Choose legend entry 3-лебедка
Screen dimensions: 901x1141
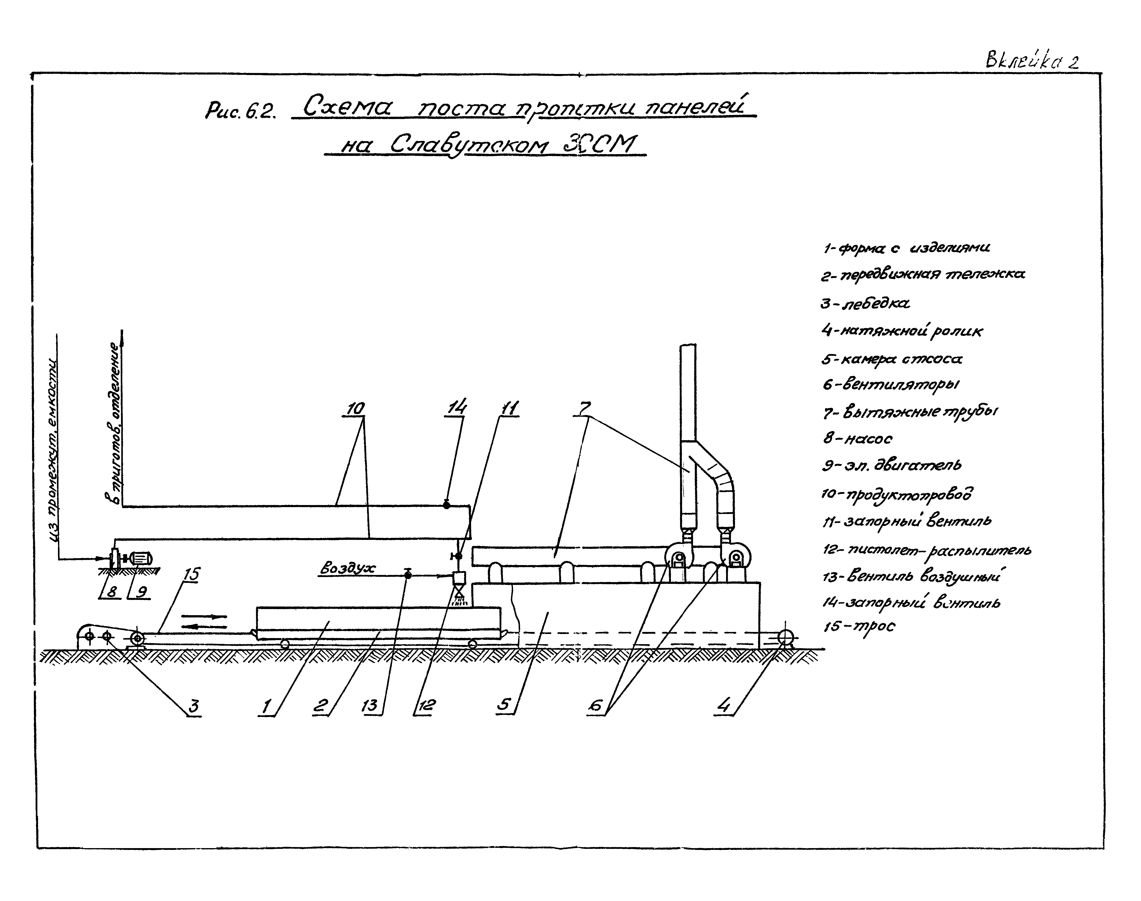[x=865, y=303]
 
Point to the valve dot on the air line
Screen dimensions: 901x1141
[x=408, y=575]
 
